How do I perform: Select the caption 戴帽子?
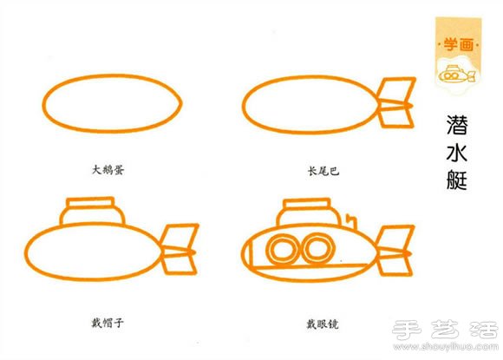pyautogui.click(x=114, y=322)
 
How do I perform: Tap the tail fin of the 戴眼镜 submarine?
pyautogui.click(x=395, y=250)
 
